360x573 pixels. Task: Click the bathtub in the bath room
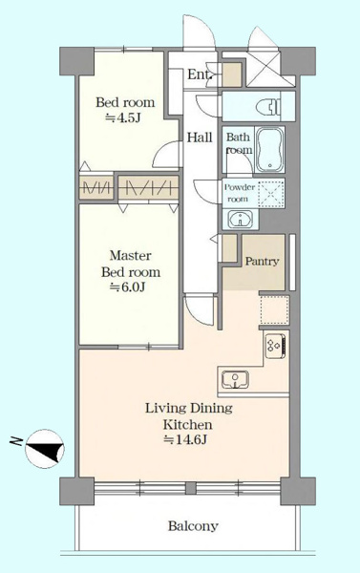[270, 150]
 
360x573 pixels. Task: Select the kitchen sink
[235, 380]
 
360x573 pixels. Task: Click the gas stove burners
[276, 346]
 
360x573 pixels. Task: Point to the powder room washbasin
[240, 220]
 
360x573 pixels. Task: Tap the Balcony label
[193, 526]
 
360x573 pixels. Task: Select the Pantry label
[262, 262]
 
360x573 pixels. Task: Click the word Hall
[200, 138]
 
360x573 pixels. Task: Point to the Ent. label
[200, 74]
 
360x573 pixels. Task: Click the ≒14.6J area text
[185, 439]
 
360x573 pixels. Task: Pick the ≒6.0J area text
[128, 287]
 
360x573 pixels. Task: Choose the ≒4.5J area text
[123, 117]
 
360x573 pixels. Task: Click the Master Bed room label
[131, 264]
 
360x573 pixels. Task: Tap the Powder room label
[240, 193]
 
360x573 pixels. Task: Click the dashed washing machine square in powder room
[271, 193]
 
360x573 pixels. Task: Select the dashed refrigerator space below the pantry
[274, 310]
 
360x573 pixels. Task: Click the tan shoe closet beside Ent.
[232, 74]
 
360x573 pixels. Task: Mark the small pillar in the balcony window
[190, 488]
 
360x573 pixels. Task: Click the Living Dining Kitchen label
[188, 416]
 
